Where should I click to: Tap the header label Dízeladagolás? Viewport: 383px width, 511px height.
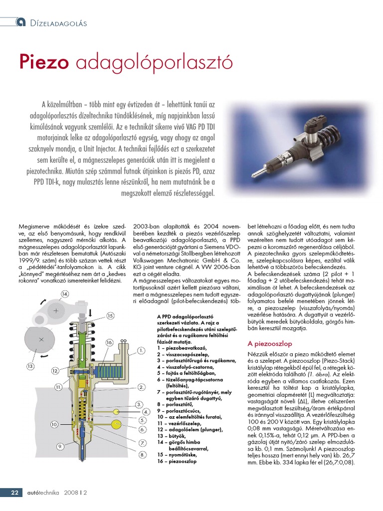coord(58,23)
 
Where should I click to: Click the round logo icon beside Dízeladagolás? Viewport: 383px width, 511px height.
coord(21,21)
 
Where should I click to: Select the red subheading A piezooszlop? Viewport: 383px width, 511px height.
coord(269,344)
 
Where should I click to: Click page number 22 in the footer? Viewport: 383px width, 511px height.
coord(15,493)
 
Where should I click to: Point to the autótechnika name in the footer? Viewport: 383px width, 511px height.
coord(42,493)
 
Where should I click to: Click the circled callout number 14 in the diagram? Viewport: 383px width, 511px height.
coord(65,294)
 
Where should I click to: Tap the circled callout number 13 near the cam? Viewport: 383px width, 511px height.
coord(30,366)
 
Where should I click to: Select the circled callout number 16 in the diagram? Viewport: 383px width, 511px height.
coord(110,342)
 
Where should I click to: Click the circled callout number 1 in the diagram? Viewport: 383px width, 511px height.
coord(141,350)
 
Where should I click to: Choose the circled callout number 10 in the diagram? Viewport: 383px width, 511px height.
coord(55,424)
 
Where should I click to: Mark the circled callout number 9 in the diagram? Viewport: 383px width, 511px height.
coord(60,446)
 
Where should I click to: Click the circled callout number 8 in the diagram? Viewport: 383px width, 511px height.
coord(142,454)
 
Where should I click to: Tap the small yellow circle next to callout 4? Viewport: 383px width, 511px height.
coord(117,411)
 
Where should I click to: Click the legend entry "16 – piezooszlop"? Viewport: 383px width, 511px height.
coord(177,462)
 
